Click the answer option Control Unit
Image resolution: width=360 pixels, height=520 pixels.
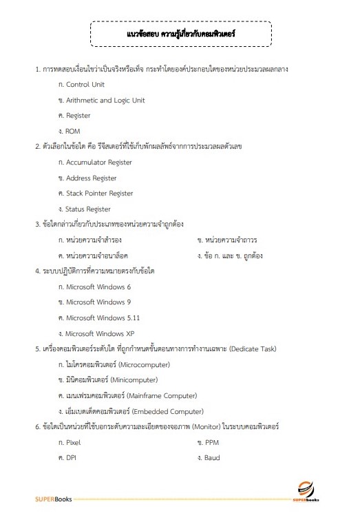85,85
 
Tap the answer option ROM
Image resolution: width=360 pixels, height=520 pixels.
73,131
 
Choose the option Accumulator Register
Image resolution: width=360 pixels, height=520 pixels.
98,163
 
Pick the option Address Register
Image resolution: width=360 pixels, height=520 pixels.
91,178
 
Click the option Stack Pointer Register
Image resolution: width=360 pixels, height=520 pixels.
99,194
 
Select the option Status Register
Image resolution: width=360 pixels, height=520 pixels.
88,209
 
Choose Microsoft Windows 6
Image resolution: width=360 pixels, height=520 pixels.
98,287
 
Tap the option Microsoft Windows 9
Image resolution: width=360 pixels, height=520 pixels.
98,302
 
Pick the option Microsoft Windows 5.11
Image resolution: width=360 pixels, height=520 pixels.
103,318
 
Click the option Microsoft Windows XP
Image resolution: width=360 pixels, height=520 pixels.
100,333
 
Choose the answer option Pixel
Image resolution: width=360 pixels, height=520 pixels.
73,442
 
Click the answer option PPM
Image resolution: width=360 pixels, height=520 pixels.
211,442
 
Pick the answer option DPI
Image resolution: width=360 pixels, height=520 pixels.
71,458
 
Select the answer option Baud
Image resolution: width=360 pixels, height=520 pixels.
212,458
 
